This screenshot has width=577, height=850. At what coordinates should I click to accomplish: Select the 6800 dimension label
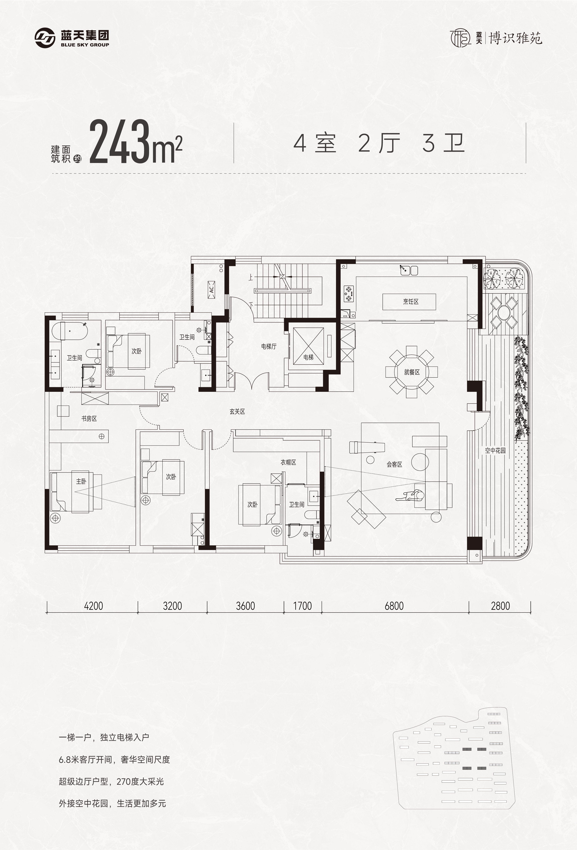tap(394, 606)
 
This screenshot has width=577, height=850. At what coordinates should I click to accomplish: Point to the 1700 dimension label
tap(302, 606)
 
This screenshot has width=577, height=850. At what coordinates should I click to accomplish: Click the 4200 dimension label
tap(94, 606)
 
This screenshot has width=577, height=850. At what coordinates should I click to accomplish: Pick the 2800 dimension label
tap(500, 606)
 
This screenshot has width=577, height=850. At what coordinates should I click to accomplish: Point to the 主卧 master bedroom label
tap(81, 481)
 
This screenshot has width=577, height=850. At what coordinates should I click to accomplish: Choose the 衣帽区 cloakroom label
tap(288, 462)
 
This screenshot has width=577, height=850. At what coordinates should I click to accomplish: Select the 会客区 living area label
tap(394, 465)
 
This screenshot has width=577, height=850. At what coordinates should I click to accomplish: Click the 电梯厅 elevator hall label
tap(269, 346)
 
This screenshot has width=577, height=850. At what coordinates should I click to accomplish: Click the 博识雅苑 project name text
tap(516, 38)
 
